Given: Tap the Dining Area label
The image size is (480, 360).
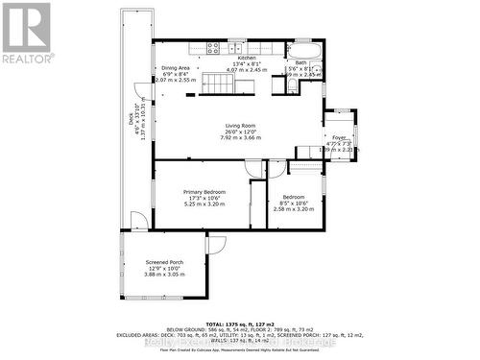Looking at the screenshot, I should tap(175, 68).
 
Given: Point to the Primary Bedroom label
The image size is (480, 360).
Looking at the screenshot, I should tap(204, 192).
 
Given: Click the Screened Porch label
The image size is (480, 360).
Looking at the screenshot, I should tap(164, 262).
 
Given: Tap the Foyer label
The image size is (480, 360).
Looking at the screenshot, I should tap(339, 138).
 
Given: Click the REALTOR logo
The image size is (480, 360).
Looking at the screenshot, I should tap(27, 33).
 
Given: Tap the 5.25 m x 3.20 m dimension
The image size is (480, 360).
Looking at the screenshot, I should tap(204, 204).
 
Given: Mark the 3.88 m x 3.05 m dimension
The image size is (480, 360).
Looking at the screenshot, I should tap(164, 275).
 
